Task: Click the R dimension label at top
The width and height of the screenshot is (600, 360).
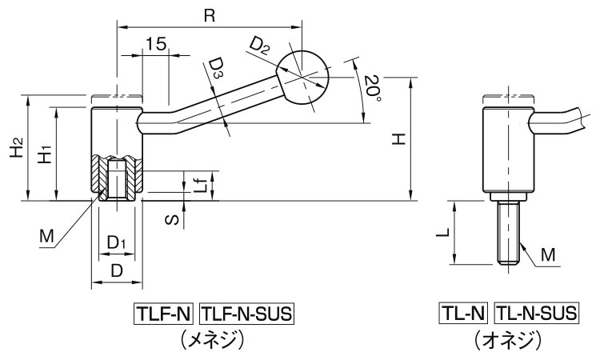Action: [210, 15]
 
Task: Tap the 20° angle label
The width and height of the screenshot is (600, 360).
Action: [370, 86]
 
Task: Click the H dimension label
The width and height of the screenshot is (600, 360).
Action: [398, 139]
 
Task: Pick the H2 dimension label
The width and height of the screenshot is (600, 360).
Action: [15, 147]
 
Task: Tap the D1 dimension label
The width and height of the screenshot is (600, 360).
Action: [117, 242]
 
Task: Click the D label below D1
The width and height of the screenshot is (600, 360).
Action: [117, 271]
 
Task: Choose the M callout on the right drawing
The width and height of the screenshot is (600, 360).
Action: [547, 254]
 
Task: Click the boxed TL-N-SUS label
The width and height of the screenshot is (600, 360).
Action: [537, 314]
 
